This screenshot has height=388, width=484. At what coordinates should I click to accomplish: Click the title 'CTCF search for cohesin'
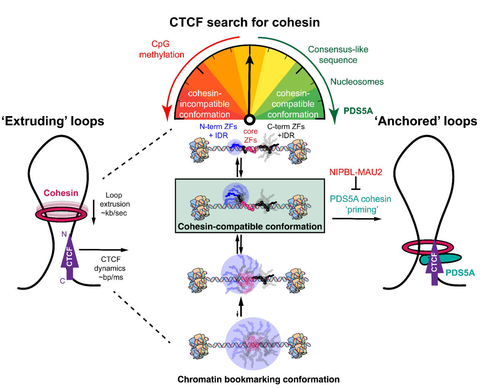pyautogui.click(x=244, y=22)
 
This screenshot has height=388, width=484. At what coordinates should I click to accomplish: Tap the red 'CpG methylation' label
pyautogui.click(x=161, y=49)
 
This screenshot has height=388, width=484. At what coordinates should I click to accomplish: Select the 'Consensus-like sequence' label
pyautogui.click(x=338, y=55)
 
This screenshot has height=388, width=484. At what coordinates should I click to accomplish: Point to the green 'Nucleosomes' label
pyautogui.click(x=357, y=82)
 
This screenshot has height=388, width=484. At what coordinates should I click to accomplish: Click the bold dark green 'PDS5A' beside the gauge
pyautogui.click(x=358, y=111)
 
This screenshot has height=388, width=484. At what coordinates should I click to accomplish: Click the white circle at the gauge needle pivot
pyautogui.click(x=250, y=120)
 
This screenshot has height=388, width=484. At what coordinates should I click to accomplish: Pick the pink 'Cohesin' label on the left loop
pyautogui.click(x=61, y=193)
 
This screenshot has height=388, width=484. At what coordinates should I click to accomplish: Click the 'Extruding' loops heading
pyautogui.click(x=53, y=121)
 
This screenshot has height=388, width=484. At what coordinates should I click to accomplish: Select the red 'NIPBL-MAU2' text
pyautogui.click(x=356, y=172)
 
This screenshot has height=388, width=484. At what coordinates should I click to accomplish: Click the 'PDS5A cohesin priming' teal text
pyautogui.click(x=360, y=204)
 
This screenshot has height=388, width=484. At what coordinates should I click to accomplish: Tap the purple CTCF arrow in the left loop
pyautogui.click(x=70, y=256)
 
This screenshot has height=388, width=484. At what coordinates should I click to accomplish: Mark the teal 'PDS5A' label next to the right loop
pyautogui.click(x=460, y=273)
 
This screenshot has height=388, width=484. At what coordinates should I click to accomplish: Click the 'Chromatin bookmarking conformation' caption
pyautogui.click(x=258, y=379)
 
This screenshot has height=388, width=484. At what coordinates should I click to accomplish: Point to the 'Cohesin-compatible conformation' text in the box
pyautogui.click(x=250, y=226)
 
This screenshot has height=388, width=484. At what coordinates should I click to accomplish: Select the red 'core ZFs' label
pyautogui.click(x=250, y=136)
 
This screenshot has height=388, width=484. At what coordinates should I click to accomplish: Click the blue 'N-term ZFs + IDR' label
pyautogui.click(x=218, y=131)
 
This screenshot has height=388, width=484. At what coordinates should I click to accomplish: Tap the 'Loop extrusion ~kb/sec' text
pyautogui.click(x=115, y=204)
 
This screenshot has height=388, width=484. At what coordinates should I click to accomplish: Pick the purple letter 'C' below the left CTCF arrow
pyautogui.click(x=62, y=281)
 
